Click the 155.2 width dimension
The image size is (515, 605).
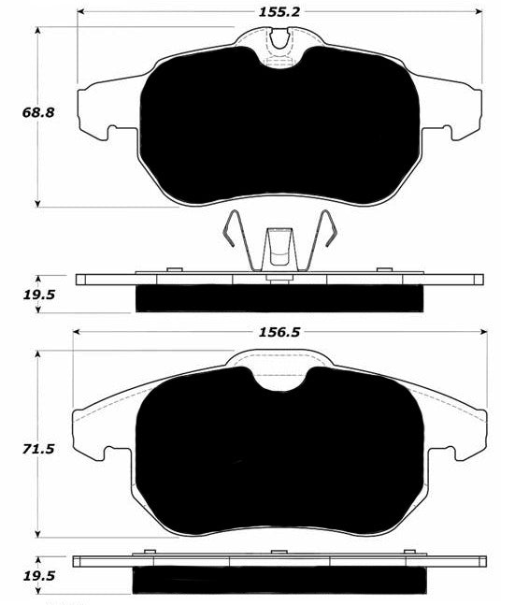click(279, 12)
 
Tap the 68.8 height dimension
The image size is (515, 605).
click(38, 112)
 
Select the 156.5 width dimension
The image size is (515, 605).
click(279, 332)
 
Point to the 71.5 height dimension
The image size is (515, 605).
click(38, 449)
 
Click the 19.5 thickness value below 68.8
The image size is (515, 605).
click(39, 295)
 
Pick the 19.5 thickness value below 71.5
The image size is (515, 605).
click(39, 576)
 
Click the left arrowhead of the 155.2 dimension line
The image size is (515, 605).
click(80, 12)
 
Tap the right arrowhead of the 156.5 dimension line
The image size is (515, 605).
click(483, 332)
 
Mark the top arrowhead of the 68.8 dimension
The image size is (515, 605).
click(37, 30)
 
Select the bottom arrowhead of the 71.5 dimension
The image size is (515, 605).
click(37, 534)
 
